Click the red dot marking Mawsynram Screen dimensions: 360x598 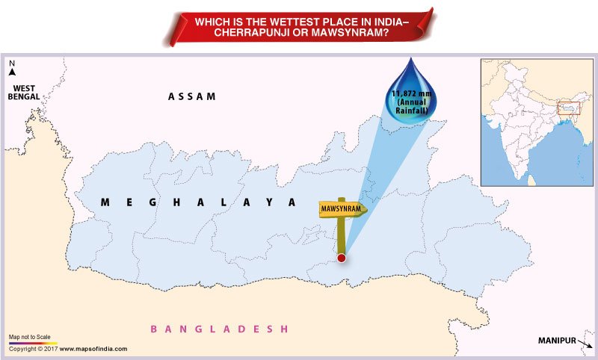tap(342, 258)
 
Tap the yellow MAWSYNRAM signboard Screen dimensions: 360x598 tap(342, 209)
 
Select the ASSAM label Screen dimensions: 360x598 tap(192, 96)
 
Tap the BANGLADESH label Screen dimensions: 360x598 tap(219, 329)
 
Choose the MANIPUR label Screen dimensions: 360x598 tap(557, 341)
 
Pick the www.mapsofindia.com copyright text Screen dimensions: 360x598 tap(93, 349)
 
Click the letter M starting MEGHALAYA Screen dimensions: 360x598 tap(105, 202)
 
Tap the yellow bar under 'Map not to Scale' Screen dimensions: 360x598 tap(33, 343)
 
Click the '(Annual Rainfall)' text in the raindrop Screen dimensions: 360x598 tap(417, 108)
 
